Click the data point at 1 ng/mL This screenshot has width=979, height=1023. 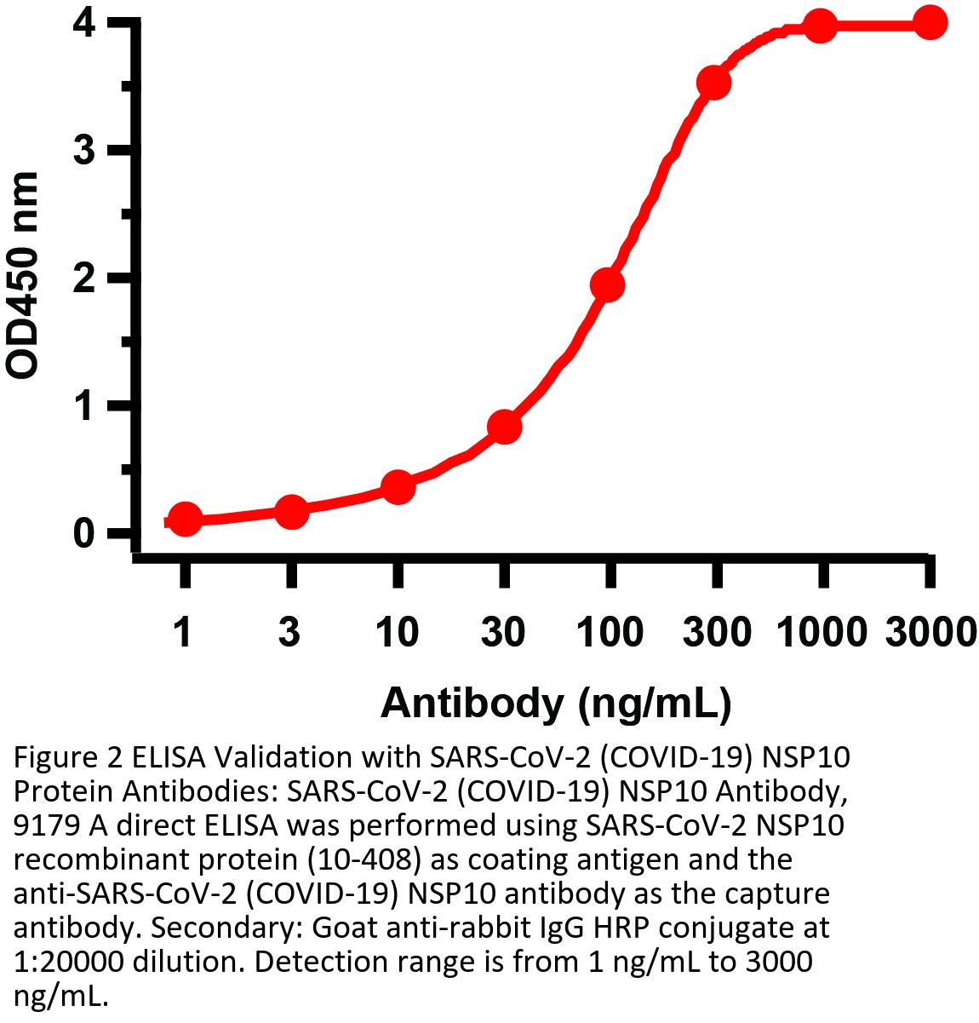(185, 519)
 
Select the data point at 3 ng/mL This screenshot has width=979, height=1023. (291, 511)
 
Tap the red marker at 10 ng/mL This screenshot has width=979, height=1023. (398, 487)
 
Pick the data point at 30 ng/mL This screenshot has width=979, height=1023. (504, 426)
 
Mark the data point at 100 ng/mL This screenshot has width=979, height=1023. (607, 284)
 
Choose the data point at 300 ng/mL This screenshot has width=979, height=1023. (713, 83)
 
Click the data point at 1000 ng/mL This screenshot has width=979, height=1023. (820, 26)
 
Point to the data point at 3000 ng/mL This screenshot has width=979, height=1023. (930, 23)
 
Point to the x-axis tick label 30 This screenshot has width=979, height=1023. (504, 633)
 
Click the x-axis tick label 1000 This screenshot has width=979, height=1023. (822, 633)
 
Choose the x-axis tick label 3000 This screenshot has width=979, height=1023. (930, 633)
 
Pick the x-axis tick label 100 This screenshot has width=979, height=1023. (610, 633)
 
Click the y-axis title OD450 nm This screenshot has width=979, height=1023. (24, 274)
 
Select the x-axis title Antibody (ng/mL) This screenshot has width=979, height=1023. (556, 704)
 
